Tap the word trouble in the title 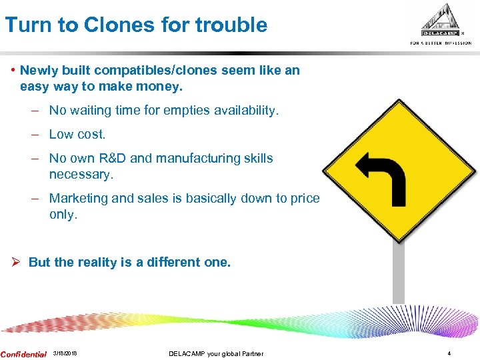point(233,25)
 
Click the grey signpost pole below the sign point(398,273)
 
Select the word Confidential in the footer point(24,354)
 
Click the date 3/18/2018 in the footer point(65,353)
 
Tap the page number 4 point(449,353)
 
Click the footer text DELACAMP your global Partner point(216,353)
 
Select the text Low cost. point(77,134)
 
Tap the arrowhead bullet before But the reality point(18,262)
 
